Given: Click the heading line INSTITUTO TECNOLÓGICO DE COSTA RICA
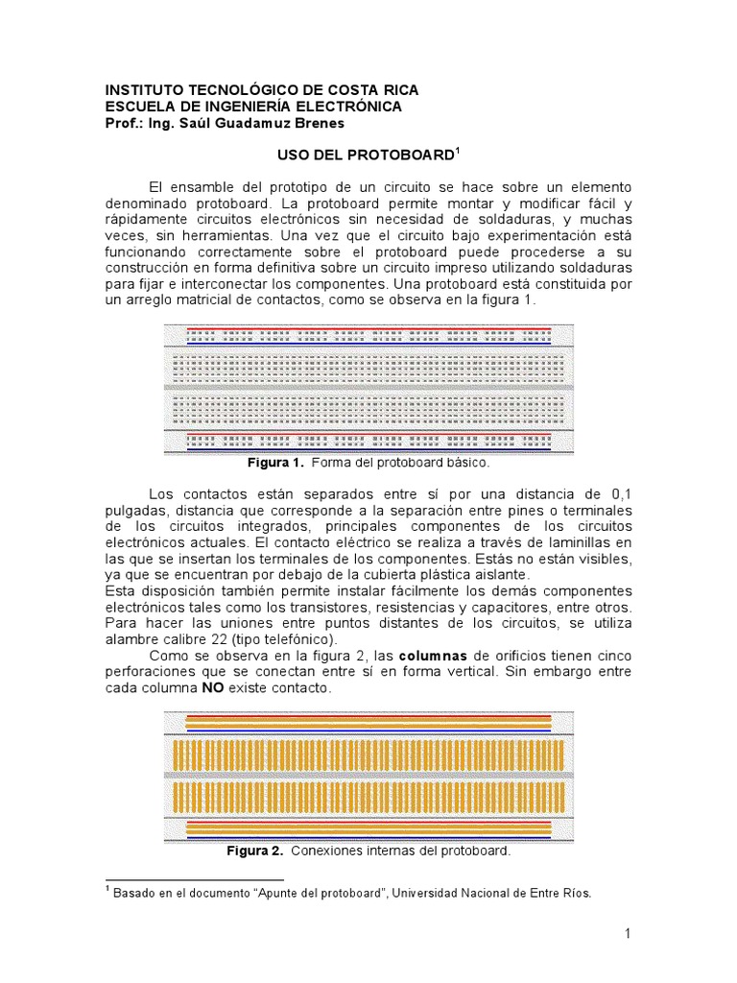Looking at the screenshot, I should (x=261, y=90).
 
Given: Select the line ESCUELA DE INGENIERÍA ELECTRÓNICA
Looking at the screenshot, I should (x=253, y=107).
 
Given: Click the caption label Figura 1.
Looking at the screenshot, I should (x=275, y=463).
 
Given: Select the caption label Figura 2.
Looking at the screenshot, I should (x=254, y=851).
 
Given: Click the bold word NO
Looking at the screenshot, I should (x=213, y=688).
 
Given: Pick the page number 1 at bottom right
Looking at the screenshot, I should (x=627, y=934).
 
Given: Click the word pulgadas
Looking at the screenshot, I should (x=135, y=510).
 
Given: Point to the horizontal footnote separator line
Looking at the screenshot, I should (x=194, y=879).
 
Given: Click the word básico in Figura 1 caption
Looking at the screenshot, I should (x=467, y=463).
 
